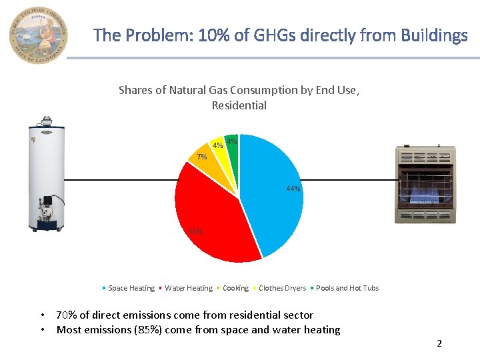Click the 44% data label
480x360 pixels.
tap(293, 189)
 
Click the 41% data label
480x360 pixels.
tap(195, 232)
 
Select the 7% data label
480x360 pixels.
tap(202, 157)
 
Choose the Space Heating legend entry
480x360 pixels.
tap(131, 288)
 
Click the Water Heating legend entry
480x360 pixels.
tap(188, 288)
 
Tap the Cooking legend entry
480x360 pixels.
tap(235, 288)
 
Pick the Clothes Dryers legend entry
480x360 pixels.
tap(282, 288)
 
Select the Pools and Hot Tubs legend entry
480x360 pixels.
tap(347, 288)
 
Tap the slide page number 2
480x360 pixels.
tap(439, 343)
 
